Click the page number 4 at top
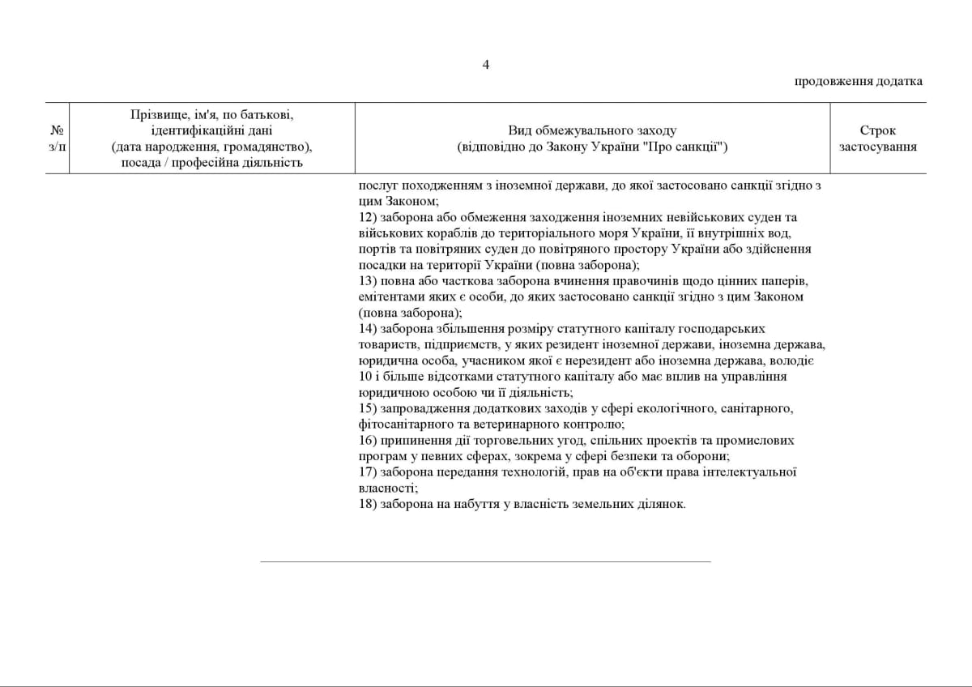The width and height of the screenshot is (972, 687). point(486,65)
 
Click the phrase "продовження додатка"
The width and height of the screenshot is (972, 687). point(858,81)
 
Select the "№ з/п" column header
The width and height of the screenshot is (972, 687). point(57,139)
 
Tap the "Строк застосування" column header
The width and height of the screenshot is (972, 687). point(878,139)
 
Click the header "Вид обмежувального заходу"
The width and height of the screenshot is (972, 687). point(592,130)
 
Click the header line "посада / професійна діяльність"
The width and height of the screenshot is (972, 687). point(211,163)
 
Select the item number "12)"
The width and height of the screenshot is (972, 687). point(368,217)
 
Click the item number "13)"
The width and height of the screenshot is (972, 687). point(368,280)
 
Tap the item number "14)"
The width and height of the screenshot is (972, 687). point(368,328)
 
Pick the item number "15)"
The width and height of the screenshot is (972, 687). point(368,408)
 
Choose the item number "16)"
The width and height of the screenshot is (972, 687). point(368,440)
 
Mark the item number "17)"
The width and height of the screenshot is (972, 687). point(368,472)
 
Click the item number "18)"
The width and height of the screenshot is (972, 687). point(368,504)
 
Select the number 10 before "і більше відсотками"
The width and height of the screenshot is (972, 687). point(364,376)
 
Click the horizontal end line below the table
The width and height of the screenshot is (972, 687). point(485,561)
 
